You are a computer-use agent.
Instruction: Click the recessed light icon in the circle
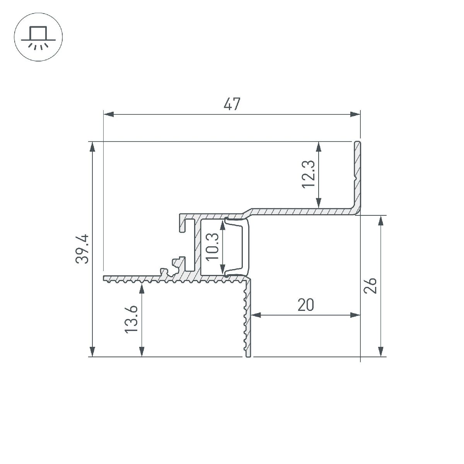coord(38,38)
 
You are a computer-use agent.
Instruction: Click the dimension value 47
coord(232,104)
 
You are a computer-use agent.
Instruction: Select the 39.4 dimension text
coord(82,249)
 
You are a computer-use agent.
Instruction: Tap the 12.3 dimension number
coord(309,174)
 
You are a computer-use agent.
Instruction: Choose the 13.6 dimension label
coord(131,319)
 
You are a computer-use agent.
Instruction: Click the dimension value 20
coord(305,305)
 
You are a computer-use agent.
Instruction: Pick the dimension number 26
coord(371,286)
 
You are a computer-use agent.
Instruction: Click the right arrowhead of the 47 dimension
coord(355,114)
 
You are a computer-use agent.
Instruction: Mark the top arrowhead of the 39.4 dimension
coord(92,147)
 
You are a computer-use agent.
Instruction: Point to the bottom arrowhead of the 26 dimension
coord(381,351)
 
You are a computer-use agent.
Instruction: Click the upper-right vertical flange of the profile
coord(358,174)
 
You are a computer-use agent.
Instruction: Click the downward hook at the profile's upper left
coord(182,224)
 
